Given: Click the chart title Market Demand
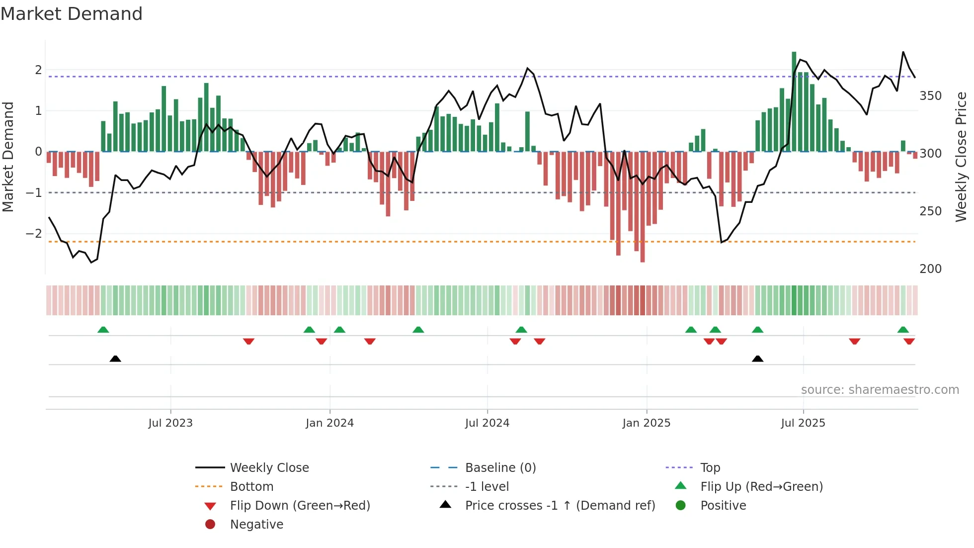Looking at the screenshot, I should point(72,14).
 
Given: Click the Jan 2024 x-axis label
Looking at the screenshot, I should point(329,423).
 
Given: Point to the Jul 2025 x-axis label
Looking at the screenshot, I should point(803,423).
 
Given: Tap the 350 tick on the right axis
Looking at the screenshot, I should point(930,96).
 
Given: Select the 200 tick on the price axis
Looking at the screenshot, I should point(930,269).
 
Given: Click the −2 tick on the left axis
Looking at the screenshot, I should point(34,233).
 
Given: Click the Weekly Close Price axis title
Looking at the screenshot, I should point(961,157).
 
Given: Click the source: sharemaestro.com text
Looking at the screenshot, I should point(880,390).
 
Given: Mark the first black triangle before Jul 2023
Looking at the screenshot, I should point(115,359).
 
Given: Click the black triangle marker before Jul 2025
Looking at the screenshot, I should point(757,359).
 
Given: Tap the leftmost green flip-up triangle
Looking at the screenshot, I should point(103,330).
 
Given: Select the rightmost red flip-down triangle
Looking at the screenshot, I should point(909,341).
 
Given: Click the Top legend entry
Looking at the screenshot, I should point(710,468).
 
